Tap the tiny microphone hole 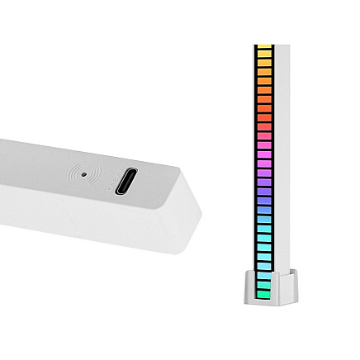[83, 174]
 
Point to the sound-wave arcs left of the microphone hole [76, 174]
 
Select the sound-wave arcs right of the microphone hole [90, 175]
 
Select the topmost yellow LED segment [264, 47]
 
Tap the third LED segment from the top [264, 63]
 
